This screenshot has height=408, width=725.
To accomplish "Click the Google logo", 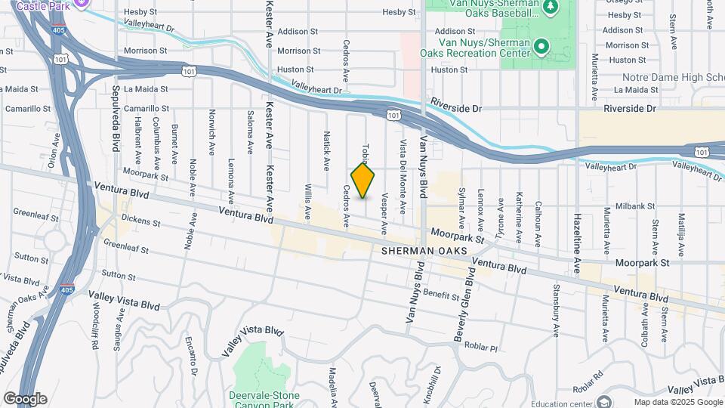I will [x=25, y=399].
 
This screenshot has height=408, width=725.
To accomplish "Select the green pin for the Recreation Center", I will [x=541, y=48].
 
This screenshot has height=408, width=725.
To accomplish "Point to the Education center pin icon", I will [x=603, y=401].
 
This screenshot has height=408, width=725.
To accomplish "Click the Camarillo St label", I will [x=27, y=109].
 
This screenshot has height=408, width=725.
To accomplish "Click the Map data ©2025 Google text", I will [x=677, y=402].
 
